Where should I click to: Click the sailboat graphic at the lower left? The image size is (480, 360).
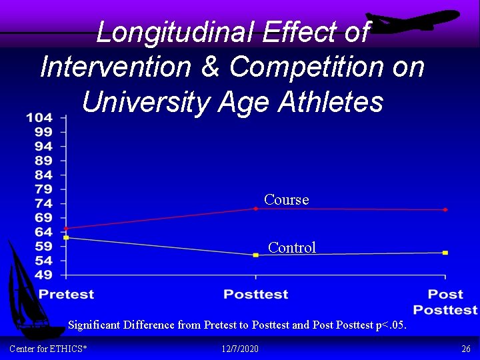(25, 287)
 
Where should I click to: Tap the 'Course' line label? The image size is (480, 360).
(286, 199)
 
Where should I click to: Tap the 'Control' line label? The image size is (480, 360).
(291, 247)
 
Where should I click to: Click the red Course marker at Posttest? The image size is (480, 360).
(255, 209)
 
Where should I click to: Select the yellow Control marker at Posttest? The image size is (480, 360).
(255, 255)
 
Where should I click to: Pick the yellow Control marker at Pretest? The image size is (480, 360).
(66, 237)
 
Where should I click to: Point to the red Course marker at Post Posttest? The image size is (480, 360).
(445, 210)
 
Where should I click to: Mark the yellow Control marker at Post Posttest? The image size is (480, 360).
(445, 253)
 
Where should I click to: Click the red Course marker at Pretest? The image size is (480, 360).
(66, 228)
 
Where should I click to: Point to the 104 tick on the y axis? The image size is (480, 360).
(39, 118)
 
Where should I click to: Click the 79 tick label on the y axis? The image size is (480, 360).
(43, 189)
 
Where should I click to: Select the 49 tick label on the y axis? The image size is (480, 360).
(43, 275)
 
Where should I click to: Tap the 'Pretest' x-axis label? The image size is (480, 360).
(66, 294)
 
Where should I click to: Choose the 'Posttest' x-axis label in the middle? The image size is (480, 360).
(255, 294)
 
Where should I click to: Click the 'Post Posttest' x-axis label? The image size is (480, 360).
(445, 301)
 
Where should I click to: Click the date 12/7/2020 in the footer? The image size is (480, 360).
(239, 349)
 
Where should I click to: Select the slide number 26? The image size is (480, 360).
(465, 349)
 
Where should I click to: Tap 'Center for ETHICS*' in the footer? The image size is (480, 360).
(49, 349)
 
